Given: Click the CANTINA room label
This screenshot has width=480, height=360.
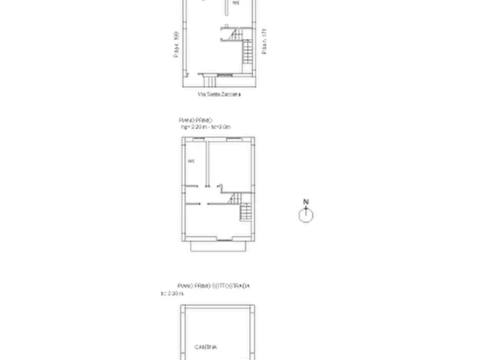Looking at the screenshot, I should (x=205, y=347).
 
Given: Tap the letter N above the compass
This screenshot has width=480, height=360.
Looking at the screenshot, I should (x=306, y=203).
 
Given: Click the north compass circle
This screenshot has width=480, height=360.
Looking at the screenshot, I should (x=306, y=215).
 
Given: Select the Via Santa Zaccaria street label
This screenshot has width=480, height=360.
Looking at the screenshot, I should (x=219, y=95).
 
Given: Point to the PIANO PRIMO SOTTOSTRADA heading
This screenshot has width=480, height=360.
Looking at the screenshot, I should (x=213, y=286).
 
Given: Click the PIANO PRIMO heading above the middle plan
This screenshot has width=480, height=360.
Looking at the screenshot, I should (x=196, y=120).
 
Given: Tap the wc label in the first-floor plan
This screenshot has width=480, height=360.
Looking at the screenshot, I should (x=190, y=161).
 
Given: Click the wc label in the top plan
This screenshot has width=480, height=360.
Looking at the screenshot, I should (x=235, y=3).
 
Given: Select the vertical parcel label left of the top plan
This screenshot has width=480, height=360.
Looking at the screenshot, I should (x=176, y=44).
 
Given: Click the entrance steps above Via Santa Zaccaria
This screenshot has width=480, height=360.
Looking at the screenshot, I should (x=210, y=81).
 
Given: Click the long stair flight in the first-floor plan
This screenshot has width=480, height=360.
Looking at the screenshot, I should (x=245, y=213).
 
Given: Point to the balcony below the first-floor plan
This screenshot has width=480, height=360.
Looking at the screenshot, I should (x=219, y=246).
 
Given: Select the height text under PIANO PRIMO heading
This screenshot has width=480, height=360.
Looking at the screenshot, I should (x=205, y=127).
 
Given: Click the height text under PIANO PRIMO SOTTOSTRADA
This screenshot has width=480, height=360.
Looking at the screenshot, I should (x=172, y=294).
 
